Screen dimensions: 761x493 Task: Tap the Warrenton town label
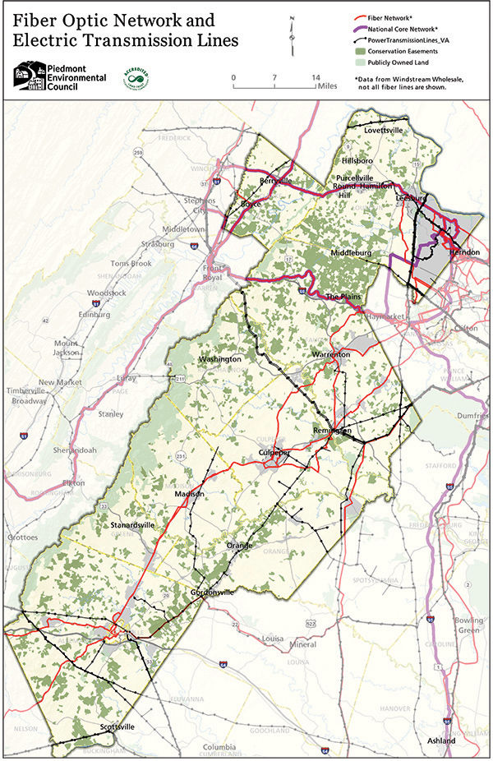[x=330, y=354]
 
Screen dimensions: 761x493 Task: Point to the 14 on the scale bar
[x=316, y=77]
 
